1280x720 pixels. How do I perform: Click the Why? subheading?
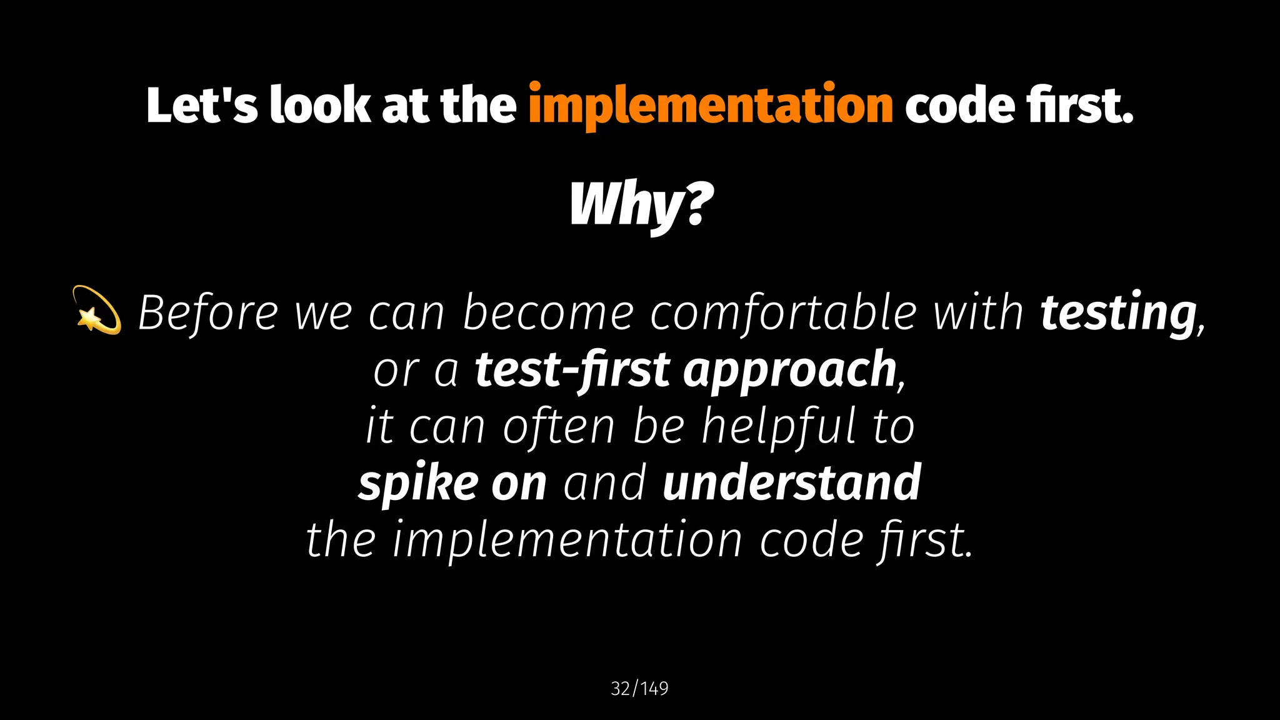point(641,205)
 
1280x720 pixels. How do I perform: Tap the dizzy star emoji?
point(96,310)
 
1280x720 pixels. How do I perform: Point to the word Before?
point(208,312)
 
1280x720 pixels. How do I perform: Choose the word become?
point(548,312)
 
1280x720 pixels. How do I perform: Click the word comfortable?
point(783,312)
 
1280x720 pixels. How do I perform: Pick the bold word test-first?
point(572,370)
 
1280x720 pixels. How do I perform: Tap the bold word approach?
point(790,370)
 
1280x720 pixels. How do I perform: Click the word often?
point(559,427)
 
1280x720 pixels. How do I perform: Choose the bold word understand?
point(791,483)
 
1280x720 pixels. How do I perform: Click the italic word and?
point(604,483)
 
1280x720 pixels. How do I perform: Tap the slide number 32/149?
point(639,689)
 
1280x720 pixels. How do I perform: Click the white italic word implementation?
point(567,539)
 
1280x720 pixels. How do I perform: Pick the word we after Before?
point(323,312)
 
